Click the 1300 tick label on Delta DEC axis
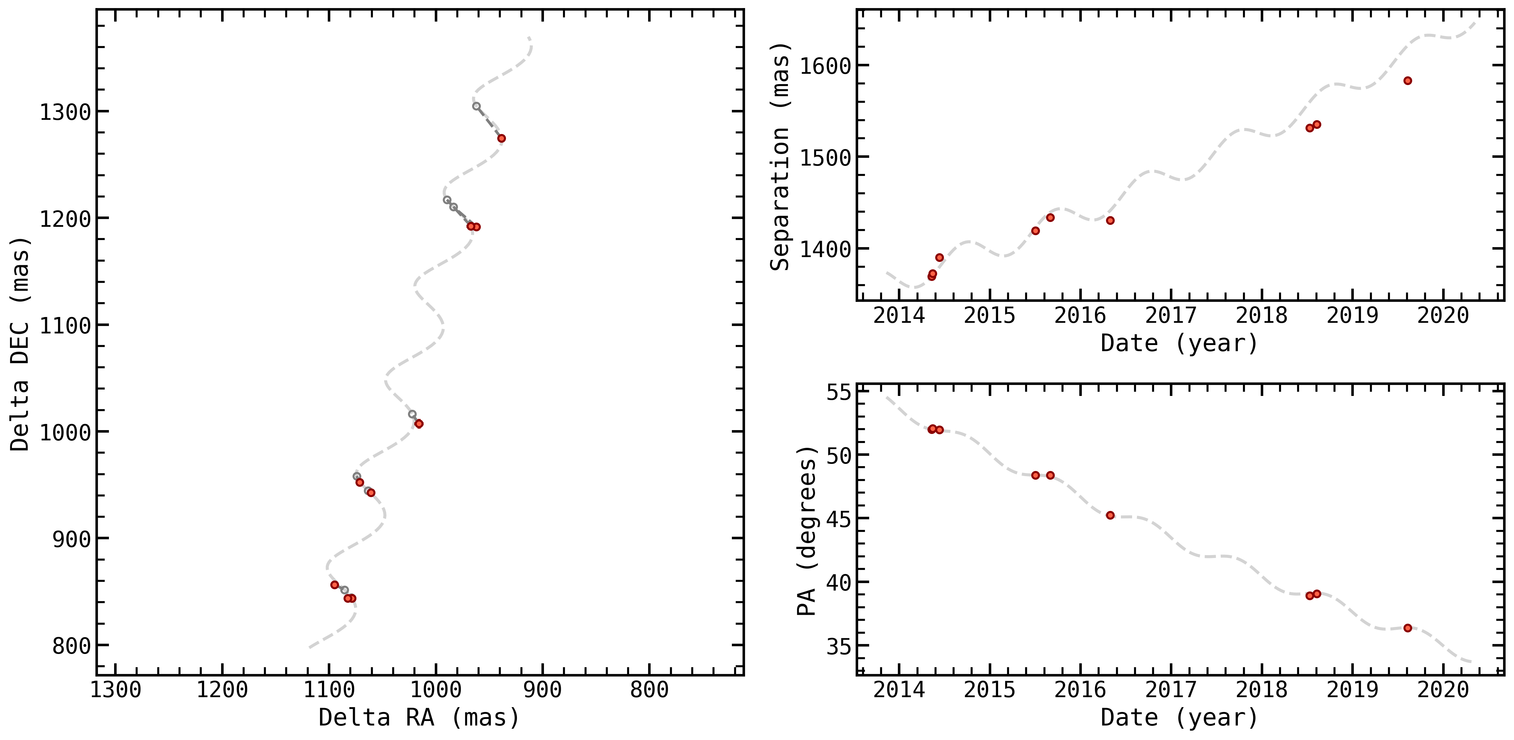point(65,112)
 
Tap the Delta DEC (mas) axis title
point(19,344)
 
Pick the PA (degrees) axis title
point(807,531)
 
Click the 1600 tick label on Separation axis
point(826,66)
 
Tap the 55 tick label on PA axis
point(839,392)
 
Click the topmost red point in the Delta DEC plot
point(501,138)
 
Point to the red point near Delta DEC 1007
point(419,424)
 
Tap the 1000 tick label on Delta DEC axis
point(65,432)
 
